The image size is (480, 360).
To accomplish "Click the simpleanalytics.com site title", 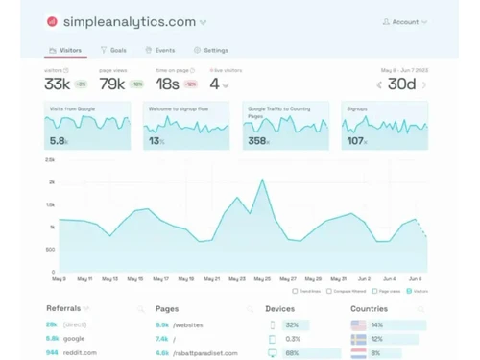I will click(x=133, y=21).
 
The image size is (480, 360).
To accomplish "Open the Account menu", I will click(x=404, y=21).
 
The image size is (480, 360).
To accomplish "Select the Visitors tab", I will click(x=65, y=50).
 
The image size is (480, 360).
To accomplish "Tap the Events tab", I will click(x=160, y=50).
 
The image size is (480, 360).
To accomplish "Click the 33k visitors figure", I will click(x=57, y=84).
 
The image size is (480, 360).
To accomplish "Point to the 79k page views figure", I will click(x=113, y=84).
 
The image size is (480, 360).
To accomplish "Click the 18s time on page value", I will click(x=167, y=84).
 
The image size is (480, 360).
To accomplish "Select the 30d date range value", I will click(x=401, y=84).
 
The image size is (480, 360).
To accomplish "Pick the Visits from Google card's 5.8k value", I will click(x=59, y=141).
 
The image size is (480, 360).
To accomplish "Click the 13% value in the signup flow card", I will click(x=156, y=141).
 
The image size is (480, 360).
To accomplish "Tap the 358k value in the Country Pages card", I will click(x=258, y=141).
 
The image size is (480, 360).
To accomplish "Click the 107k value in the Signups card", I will click(x=356, y=141).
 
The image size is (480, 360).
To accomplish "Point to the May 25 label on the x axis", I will click(x=262, y=279).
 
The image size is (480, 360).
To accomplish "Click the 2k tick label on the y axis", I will click(x=51, y=181).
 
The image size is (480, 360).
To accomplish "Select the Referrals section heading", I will click(x=63, y=309).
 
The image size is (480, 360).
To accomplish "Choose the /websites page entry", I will click(x=188, y=324).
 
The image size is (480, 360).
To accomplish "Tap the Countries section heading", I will click(x=369, y=309).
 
